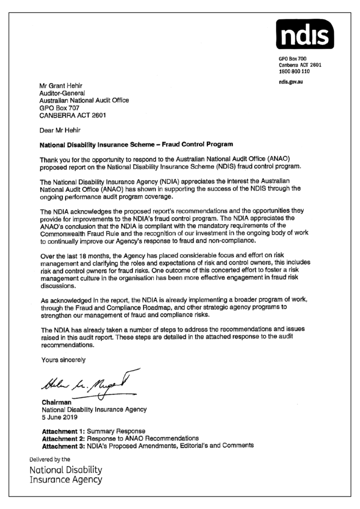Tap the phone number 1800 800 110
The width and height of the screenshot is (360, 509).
[294, 70]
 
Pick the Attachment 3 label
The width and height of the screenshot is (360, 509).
[64, 445]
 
